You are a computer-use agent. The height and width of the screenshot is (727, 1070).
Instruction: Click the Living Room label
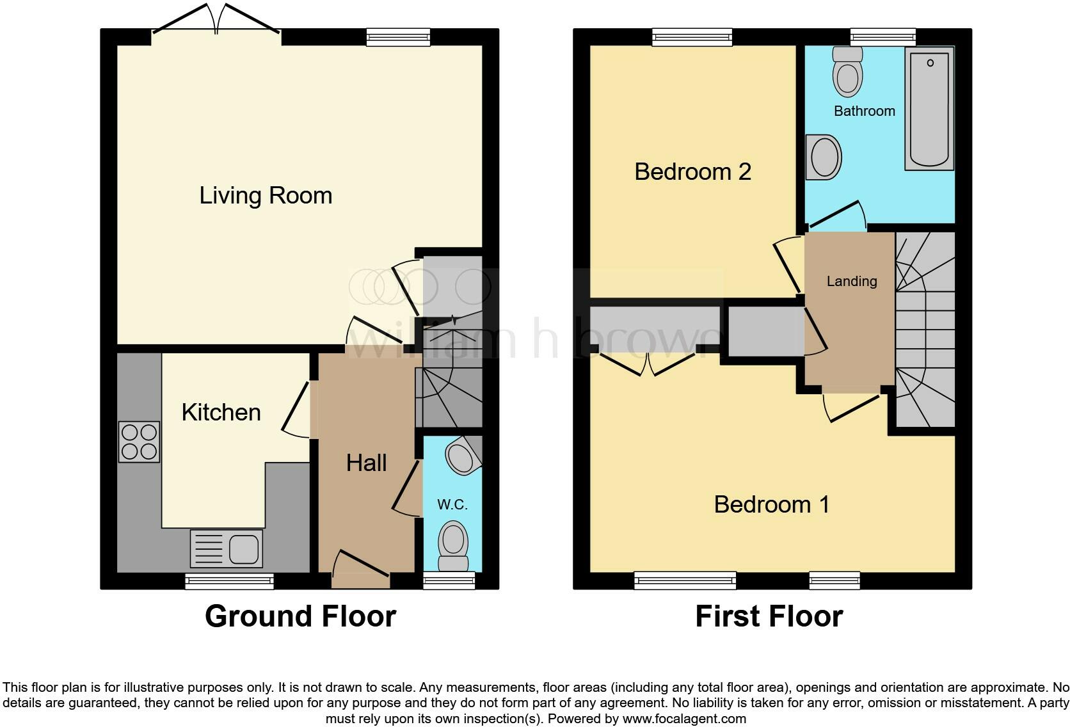pos(266,195)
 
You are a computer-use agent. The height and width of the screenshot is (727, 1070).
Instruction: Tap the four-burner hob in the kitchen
pos(139,442)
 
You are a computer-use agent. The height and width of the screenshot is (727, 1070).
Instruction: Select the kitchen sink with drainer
pos(226,548)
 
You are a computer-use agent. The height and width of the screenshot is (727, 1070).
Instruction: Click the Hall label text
pos(366,463)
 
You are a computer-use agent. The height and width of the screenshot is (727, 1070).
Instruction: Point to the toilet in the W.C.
pos(453,545)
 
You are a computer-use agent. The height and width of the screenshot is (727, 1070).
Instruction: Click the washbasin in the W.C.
pos(462,456)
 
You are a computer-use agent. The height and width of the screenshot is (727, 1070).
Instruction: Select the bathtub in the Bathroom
pos(929,110)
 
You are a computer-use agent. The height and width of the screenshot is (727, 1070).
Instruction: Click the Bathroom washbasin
pos(824,157)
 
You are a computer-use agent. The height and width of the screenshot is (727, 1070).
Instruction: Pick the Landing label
pos(851,281)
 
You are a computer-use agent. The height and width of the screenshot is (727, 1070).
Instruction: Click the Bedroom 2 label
pos(692,172)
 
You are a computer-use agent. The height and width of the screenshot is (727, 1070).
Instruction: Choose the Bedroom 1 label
pos(771,504)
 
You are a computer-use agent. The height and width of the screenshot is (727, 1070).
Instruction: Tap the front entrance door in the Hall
pos(361,570)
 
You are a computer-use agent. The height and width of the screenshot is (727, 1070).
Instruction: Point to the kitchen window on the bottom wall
pos(229,581)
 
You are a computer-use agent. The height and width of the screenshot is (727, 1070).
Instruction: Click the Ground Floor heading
pos(300,616)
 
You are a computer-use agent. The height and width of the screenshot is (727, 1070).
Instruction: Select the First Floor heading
pos(769,616)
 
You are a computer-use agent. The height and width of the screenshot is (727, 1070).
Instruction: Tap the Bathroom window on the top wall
pos(883,37)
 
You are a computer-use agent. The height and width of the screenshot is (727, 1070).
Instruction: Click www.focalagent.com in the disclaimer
pos(684,719)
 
